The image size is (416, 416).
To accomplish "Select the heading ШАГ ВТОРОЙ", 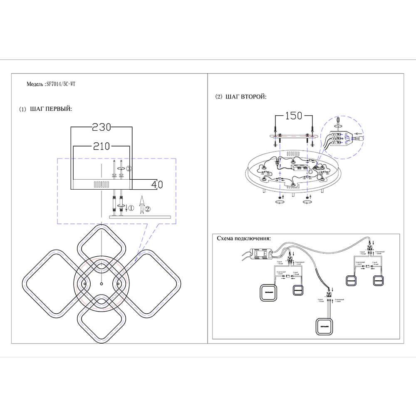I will [245, 97].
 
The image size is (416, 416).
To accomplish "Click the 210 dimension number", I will [101, 146].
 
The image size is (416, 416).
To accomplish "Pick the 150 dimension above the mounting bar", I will [293, 116].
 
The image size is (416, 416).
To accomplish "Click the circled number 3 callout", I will [129, 169].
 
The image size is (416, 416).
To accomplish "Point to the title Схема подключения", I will [243, 239].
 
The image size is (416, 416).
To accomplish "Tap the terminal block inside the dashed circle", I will [340, 138].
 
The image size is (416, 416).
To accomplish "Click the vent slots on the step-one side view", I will [102, 184].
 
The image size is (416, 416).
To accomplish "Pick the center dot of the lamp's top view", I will [102, 284].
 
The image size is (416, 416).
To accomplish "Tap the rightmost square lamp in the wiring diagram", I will [379, 281].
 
